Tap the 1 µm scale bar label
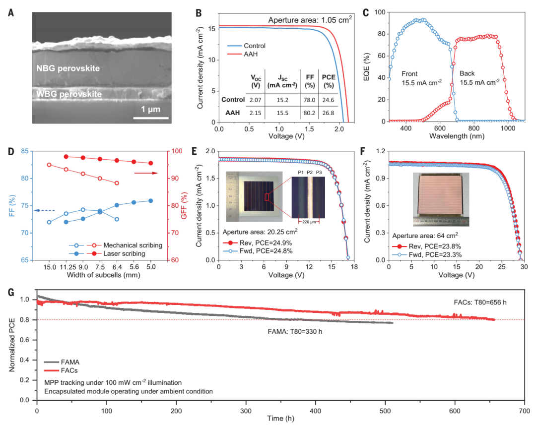(151, 109)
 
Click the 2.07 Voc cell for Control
(256, 99)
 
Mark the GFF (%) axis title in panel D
(184, 206)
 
